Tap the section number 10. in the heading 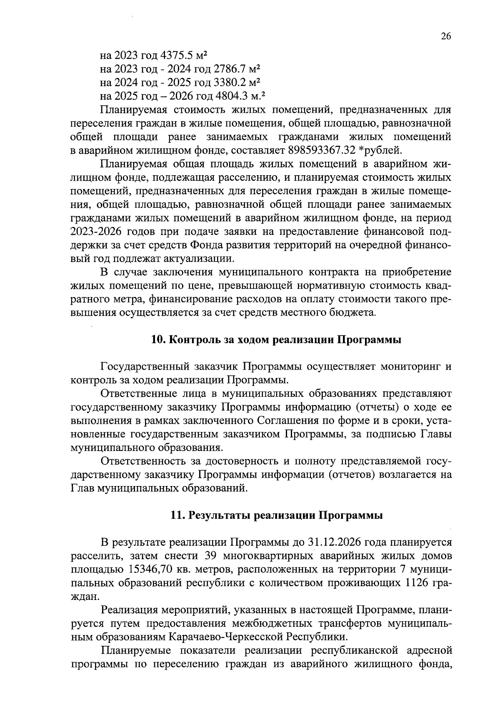tap(158, 340)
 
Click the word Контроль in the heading tap(192, 340)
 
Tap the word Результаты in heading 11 tap(220, 516)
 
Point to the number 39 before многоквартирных tap(210, 556)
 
